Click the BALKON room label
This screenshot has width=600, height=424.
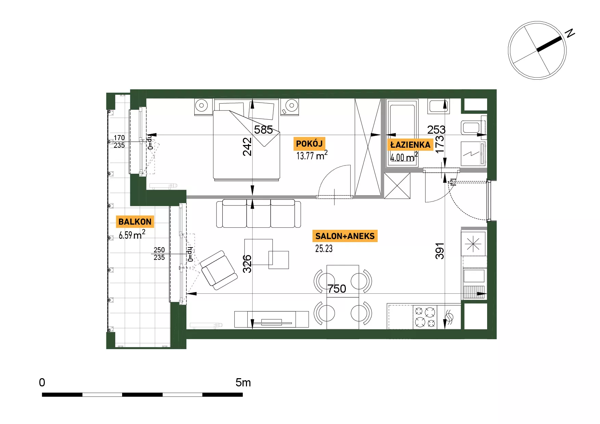(135, 222)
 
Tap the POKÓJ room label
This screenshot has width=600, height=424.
(309, 144)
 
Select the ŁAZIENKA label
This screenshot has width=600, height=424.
(410, 145)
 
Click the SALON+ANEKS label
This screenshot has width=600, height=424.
(345, 236)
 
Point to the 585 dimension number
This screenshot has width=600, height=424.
(263, 130)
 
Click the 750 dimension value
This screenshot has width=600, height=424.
(337, 289)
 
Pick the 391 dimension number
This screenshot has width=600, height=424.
(440, 251)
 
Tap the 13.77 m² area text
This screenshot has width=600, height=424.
(312, 155)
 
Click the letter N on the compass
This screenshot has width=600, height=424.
(570, 33)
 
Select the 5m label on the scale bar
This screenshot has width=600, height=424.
(243, 382)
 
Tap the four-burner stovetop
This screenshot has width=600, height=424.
(425, 317)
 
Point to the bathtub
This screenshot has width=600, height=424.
(402, 133)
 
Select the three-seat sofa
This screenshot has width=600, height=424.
(259, 214)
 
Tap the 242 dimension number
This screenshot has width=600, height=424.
(247, 147)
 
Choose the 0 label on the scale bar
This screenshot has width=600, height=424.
(42, 382)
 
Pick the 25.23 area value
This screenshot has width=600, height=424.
(324, 249)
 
